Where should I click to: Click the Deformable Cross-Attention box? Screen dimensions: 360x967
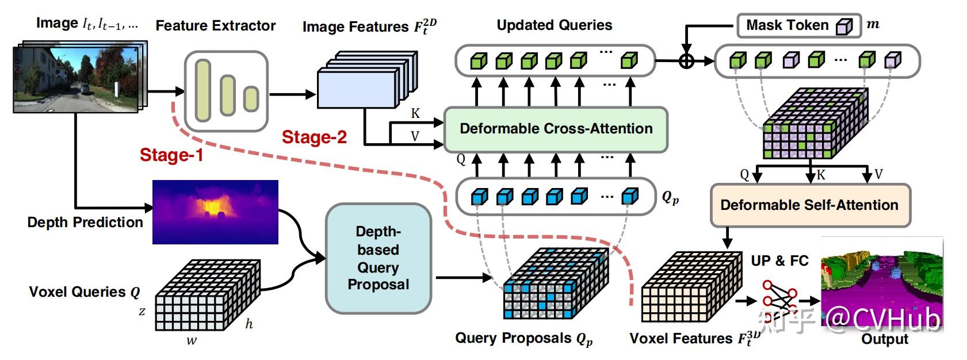tap(556, 129)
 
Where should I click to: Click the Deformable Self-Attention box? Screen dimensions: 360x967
tap(809, 205)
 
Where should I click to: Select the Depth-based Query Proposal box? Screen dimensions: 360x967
tap(378, 258)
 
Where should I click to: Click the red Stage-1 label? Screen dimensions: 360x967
tap(171, 155)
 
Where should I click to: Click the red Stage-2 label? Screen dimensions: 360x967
tap(314, 137)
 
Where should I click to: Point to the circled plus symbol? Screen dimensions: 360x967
tap(686, 60)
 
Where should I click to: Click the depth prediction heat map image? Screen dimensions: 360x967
tap(215, 212)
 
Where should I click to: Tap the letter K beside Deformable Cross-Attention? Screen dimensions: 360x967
tap(415, 113)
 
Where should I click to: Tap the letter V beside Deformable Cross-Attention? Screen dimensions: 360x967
tap(415, 137)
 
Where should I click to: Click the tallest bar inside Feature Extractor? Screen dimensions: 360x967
tap(202, 90)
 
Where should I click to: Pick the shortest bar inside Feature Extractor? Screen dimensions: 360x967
tap(251, 99)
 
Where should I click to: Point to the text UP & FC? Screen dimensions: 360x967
tap(779, 261)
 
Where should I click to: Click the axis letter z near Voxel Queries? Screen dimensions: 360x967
tap(142, 312)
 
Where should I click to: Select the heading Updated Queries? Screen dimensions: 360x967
tap(554, 25)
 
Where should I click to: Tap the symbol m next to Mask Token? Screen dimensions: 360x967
tap(873, 25)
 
